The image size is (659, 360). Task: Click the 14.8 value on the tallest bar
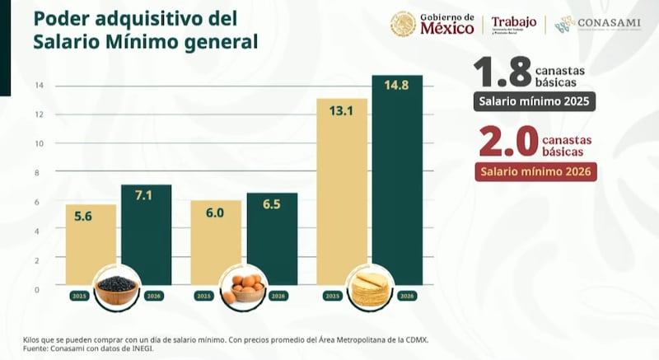pyautogui.click(x=397, y=86)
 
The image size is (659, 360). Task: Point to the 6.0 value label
pyautogui.click(x=215, y=213)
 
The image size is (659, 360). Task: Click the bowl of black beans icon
pyautogui.click(x=117, y=287)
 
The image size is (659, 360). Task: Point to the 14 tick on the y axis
pyautogui.click(x=37, y=86)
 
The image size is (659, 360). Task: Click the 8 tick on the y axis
pyautogui.click(x=37, y=173)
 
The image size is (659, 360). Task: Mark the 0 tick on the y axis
pyautogui.click(x=37, y=289)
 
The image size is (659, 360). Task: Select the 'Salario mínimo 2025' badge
pyautogui.click(x=534, y=102)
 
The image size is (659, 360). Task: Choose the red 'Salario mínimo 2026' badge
pyautogui.click(x=535, y=171)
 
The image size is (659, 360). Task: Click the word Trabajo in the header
pyautogui.click(x=513, y=22)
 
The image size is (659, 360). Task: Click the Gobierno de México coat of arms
pyautogui.click(x=403, y=24)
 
